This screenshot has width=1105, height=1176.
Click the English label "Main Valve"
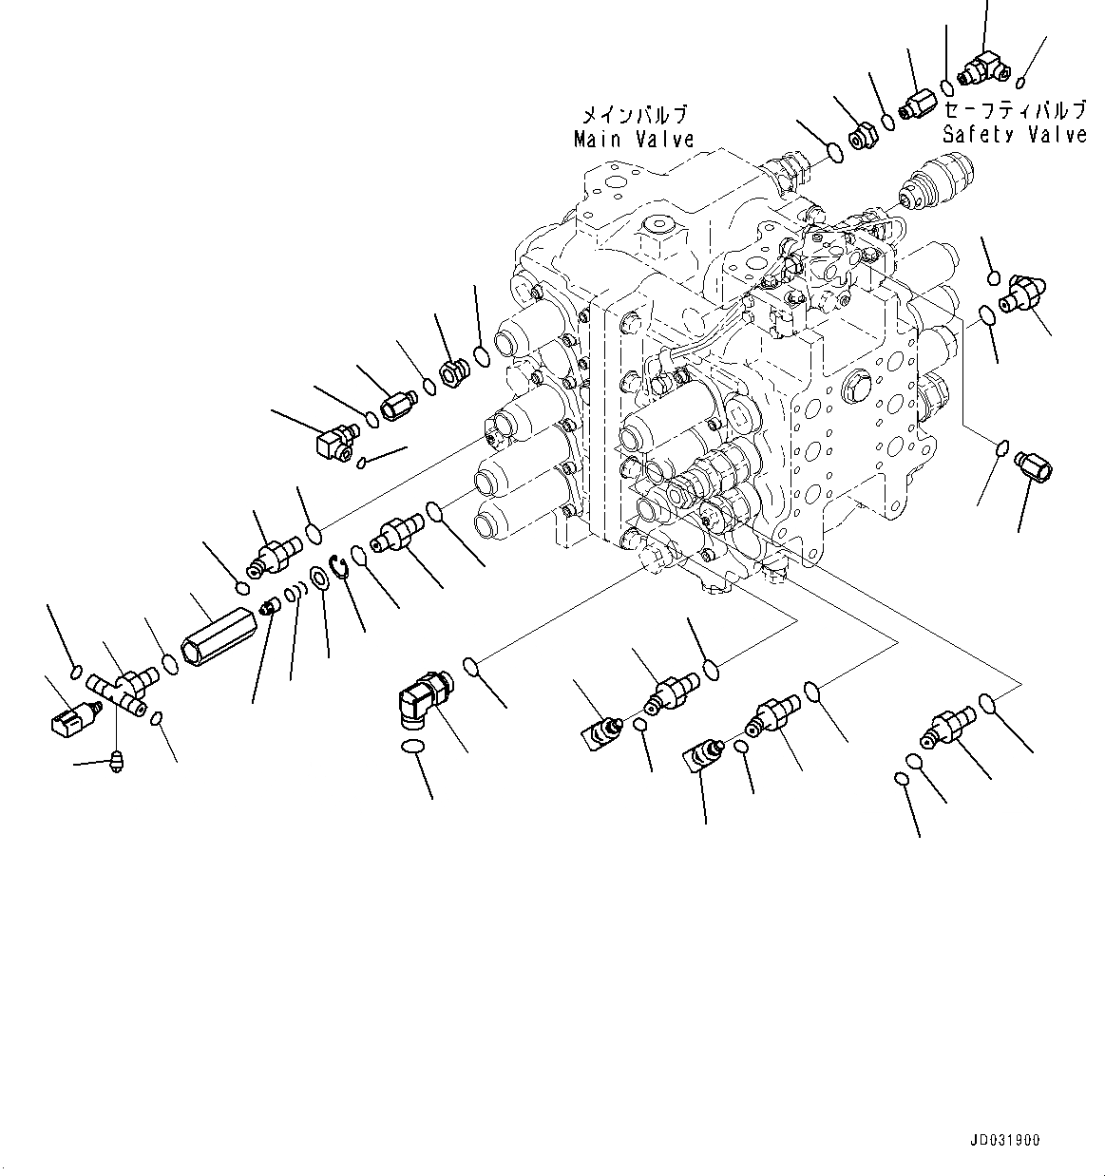[634, 140]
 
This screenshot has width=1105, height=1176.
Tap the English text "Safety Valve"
[1014, 134]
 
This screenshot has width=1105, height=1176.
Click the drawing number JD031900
[1005, 1140]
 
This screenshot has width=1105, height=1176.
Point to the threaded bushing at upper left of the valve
[453, 367]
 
